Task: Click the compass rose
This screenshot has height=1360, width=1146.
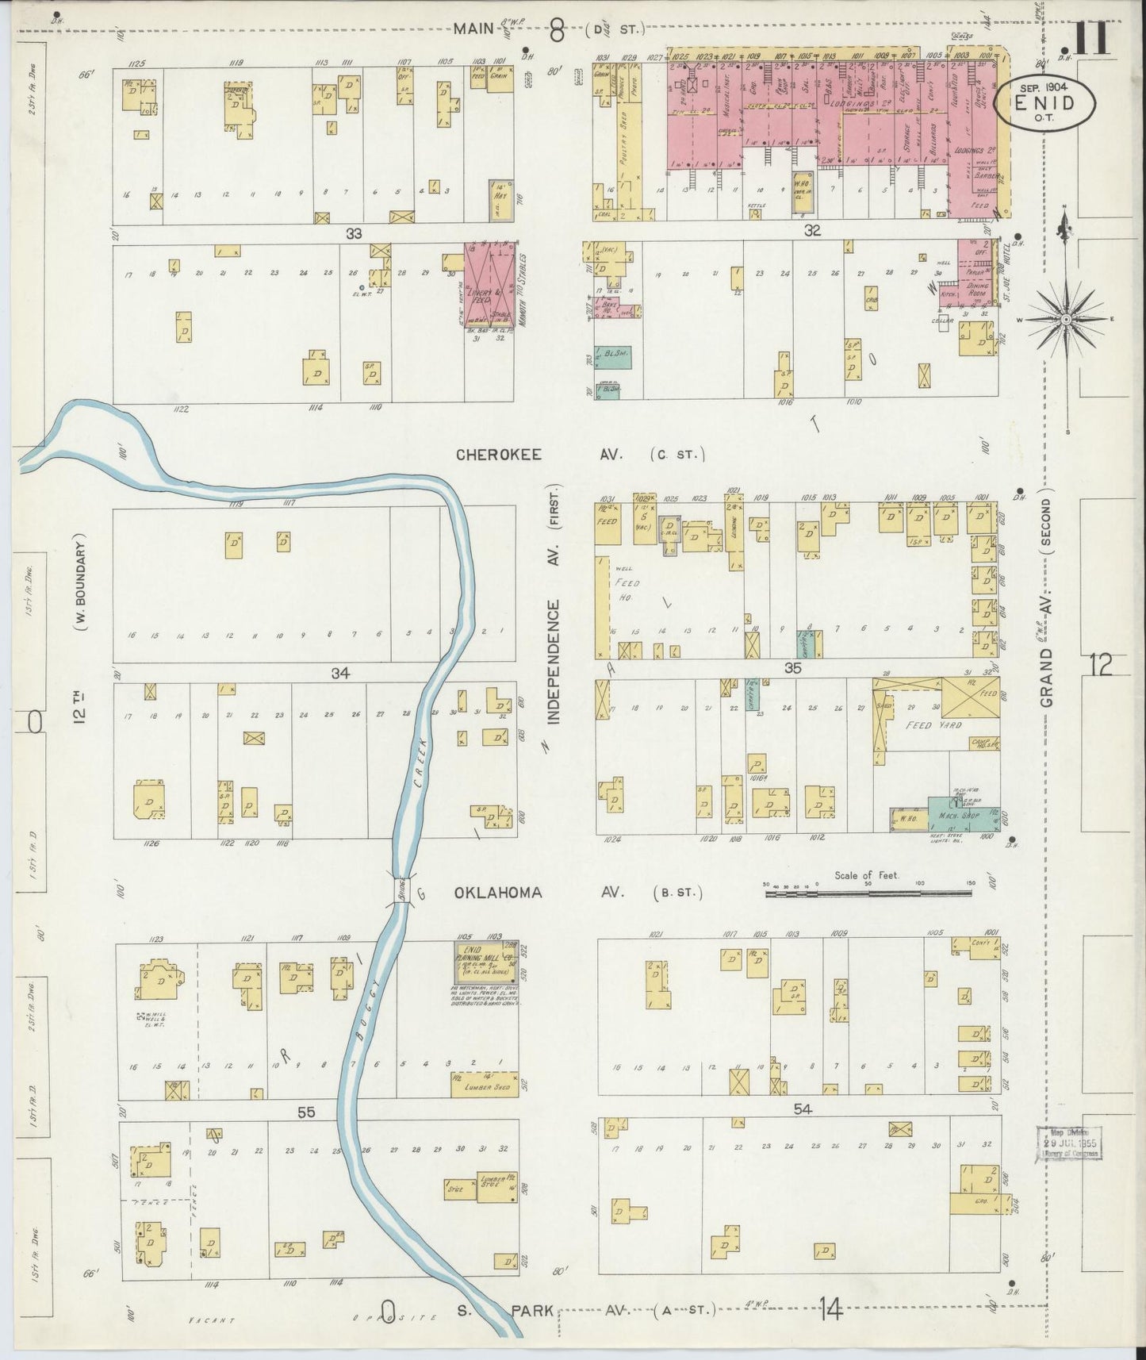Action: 1067,319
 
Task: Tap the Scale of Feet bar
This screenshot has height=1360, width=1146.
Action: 868,893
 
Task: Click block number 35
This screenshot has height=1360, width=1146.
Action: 792,669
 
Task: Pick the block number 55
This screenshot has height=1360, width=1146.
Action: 306,1112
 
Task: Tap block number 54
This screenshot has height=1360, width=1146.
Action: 803,1108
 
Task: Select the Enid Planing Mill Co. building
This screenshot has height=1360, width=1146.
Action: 485,961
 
